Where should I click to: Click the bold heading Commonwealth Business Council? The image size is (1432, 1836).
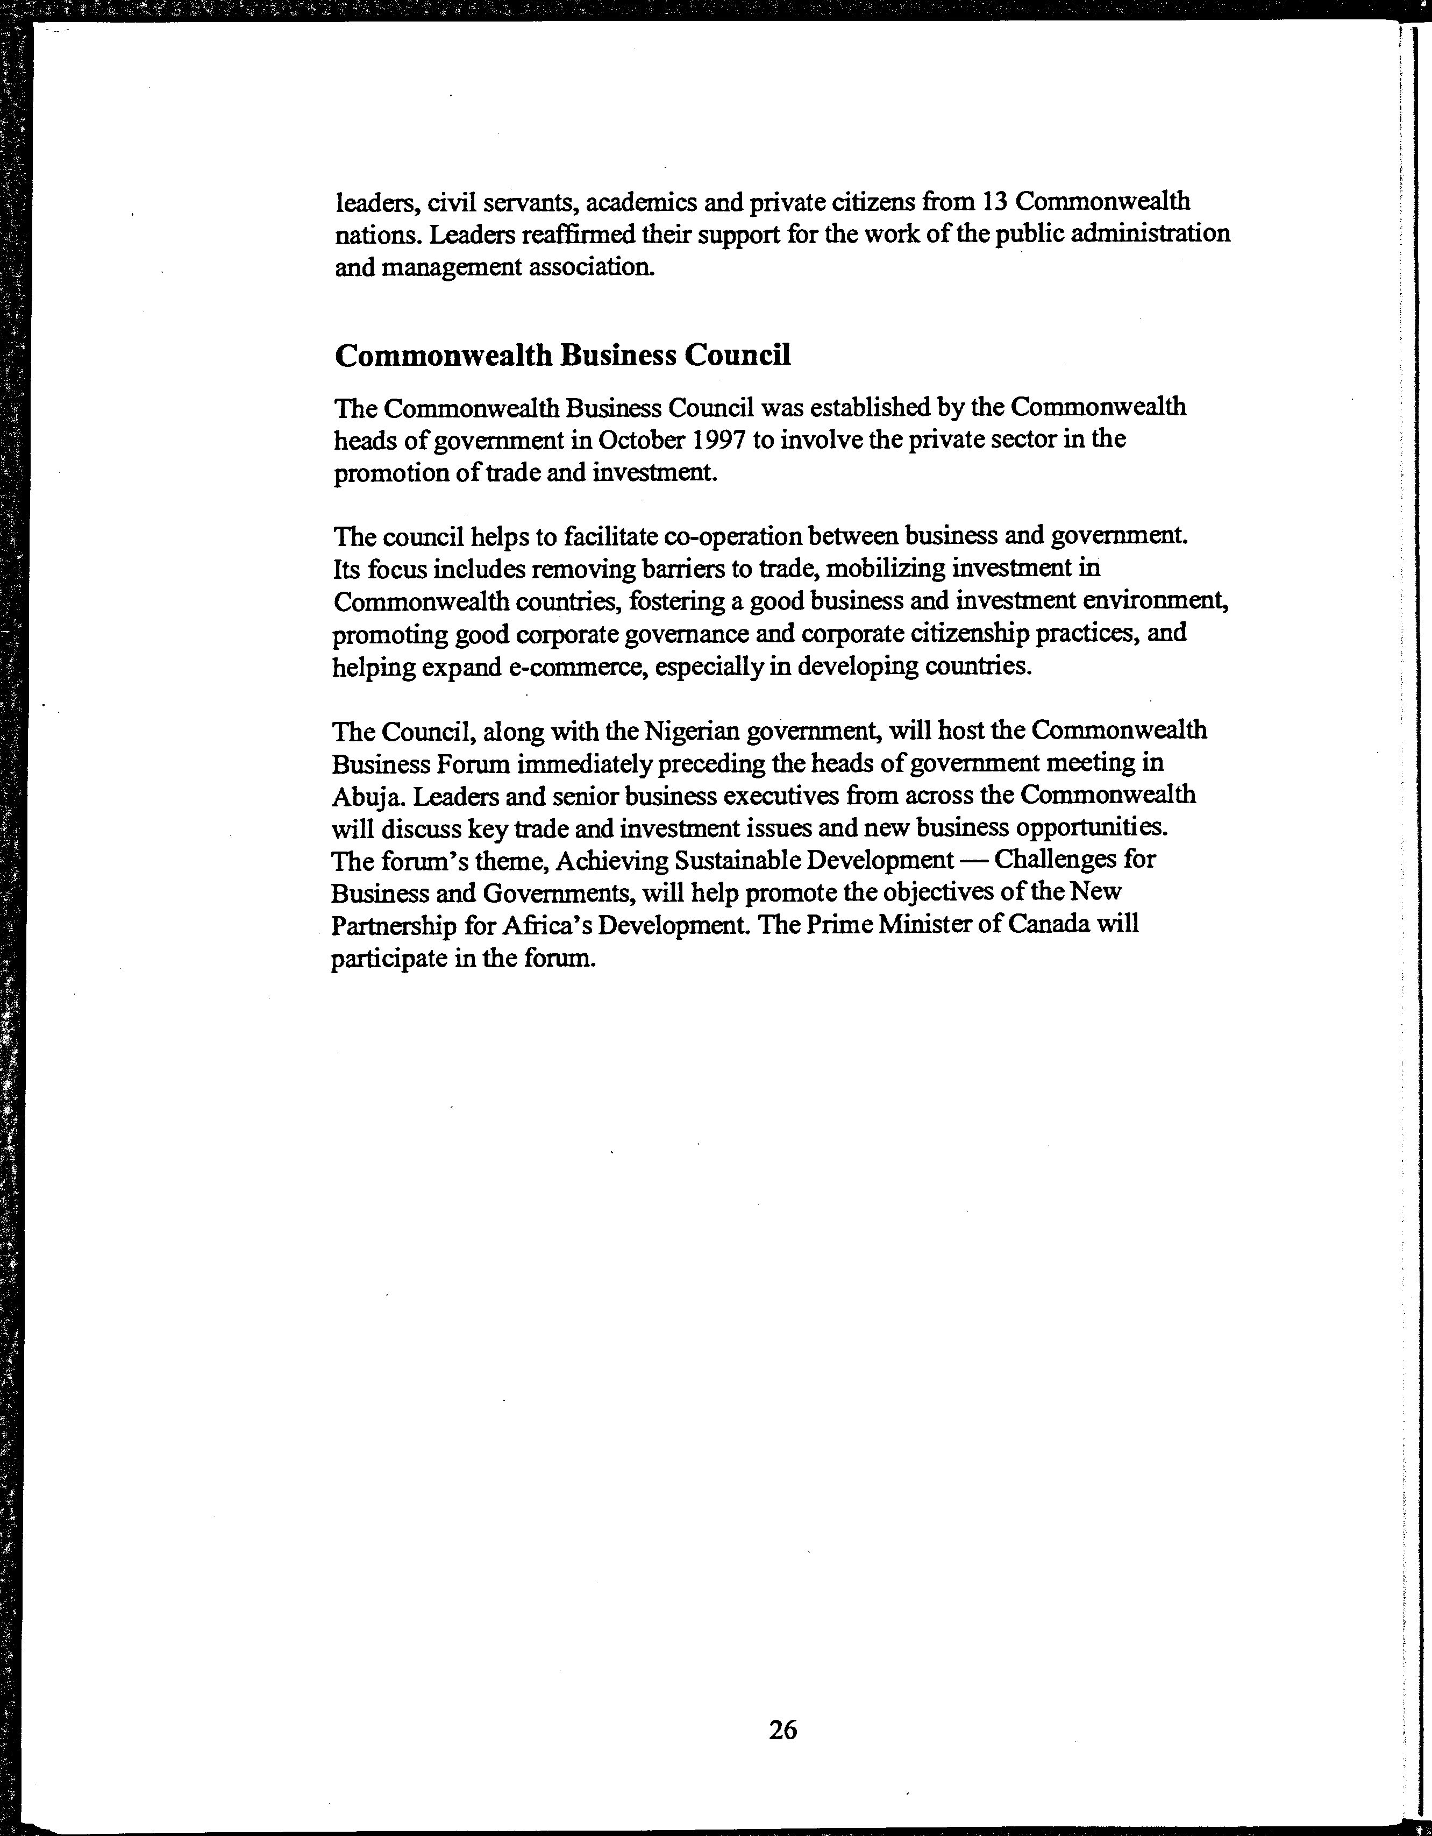tap(562, 356)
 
